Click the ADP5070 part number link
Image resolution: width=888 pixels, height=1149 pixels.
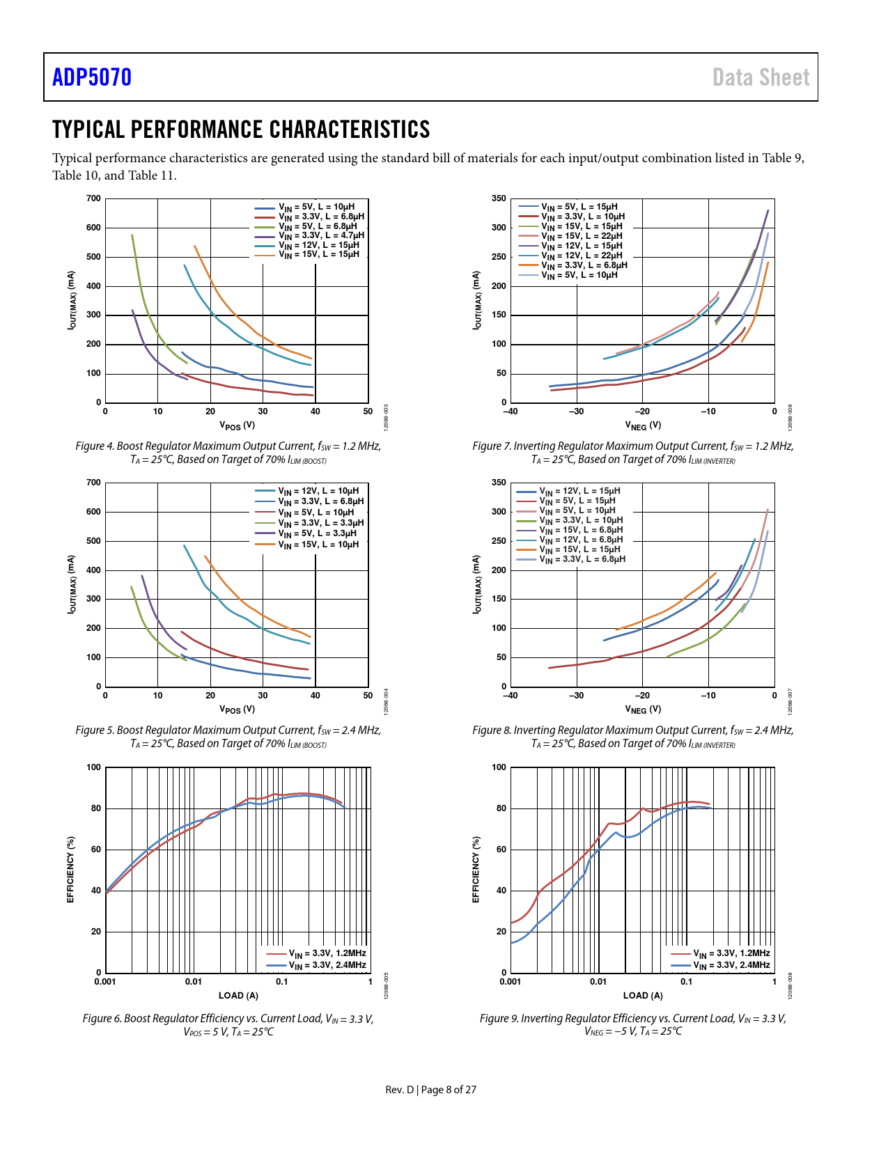[92, 77]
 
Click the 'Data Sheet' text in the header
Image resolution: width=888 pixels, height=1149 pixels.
[761, 77]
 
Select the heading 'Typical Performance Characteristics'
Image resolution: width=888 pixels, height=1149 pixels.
[241, 130]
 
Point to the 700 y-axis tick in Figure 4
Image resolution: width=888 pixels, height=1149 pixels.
[93, 198]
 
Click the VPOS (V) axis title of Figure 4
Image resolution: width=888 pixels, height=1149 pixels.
[237, 425]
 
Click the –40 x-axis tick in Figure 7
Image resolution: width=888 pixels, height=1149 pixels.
[511, 412]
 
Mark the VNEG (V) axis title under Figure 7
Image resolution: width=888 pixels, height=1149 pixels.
[642, 425]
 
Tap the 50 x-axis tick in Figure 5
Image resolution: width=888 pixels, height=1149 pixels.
[368, 696]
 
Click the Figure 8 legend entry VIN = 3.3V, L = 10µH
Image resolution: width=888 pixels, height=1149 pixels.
[581, 520]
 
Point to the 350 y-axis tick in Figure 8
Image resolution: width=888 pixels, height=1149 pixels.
[499, 483]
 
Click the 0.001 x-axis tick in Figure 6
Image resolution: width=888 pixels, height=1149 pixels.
[105, 982]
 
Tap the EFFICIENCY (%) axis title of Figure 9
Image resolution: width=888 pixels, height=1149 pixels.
[476, 870]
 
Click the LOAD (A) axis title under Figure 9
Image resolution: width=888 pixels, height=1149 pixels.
[643, 996]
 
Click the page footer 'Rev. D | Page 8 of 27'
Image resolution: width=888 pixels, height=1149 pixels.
[431, 1090]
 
